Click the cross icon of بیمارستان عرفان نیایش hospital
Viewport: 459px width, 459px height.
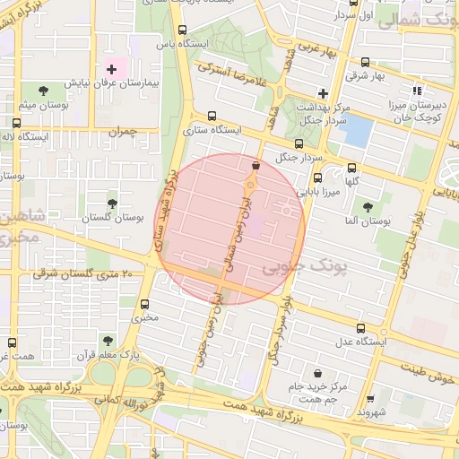pyautogui.click(x=112, y=68)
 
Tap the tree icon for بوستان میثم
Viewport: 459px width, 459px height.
pyautogui.click(x=43, y=90)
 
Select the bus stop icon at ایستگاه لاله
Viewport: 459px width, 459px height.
pyautogui.click(x=17, y=123)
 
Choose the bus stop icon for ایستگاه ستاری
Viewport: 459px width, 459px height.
pyautogui.click(x=212, y=116)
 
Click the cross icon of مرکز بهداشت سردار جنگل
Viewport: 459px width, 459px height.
pyautogui.click(x=324, y=93)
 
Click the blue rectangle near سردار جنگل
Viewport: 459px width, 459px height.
pyautogui.click(x=357, y=133)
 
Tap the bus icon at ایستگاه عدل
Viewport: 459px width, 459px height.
pyautogui.click(x=360, y=328)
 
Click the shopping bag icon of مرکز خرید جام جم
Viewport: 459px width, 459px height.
pyautogui.click(x=316, y=372)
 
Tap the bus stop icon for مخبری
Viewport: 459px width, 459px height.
pyautogui.click(x=145, y=304)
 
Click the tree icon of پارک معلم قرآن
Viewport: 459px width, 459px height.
pyautogui.click(x=108, y=341)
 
